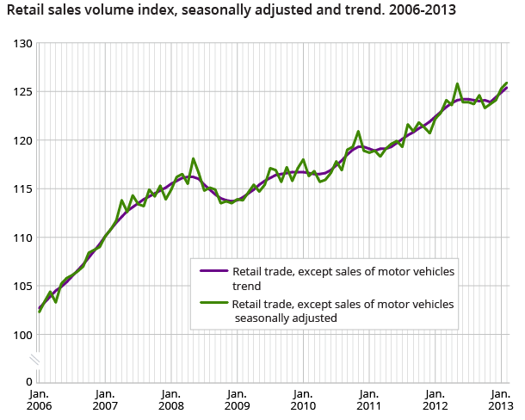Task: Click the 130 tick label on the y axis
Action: click(22, 43)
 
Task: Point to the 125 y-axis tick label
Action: click(22, 91)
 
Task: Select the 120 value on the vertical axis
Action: click(22, 140)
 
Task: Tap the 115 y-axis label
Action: click(22, 188)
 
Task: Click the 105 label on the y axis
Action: click(22, 286)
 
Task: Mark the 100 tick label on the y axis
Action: click(22, 335)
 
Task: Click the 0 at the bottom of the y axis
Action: click(28, 381)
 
